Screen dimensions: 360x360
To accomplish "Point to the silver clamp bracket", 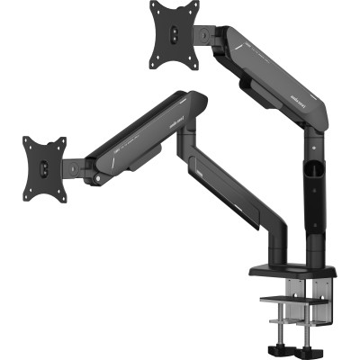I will coord(297,306).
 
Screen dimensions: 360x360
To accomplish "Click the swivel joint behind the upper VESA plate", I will coord(205,34).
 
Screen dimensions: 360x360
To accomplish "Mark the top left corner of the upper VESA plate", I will coord(150,4).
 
